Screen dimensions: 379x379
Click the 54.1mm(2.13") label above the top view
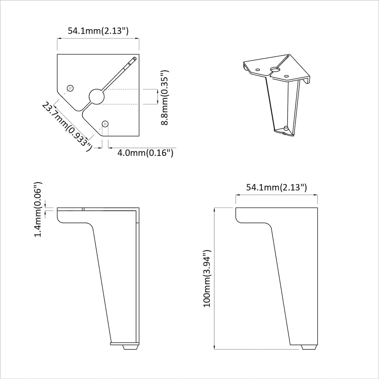point(98,31)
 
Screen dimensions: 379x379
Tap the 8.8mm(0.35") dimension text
point(165,97)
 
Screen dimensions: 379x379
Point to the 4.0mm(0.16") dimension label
point(145,152)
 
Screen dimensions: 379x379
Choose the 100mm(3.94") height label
point(207,278)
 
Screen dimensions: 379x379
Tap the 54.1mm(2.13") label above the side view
point(276,187)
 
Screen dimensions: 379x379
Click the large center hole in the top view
point(97,97)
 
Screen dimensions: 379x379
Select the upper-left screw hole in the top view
point(70,88)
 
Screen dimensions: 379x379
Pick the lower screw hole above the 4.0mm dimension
point(105,123)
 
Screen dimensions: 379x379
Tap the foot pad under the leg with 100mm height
point(309,347)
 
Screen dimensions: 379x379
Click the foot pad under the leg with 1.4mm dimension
point(129,347)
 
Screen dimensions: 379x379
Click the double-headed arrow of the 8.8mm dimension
point(158,97)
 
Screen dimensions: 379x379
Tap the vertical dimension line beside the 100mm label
point(215,278)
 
